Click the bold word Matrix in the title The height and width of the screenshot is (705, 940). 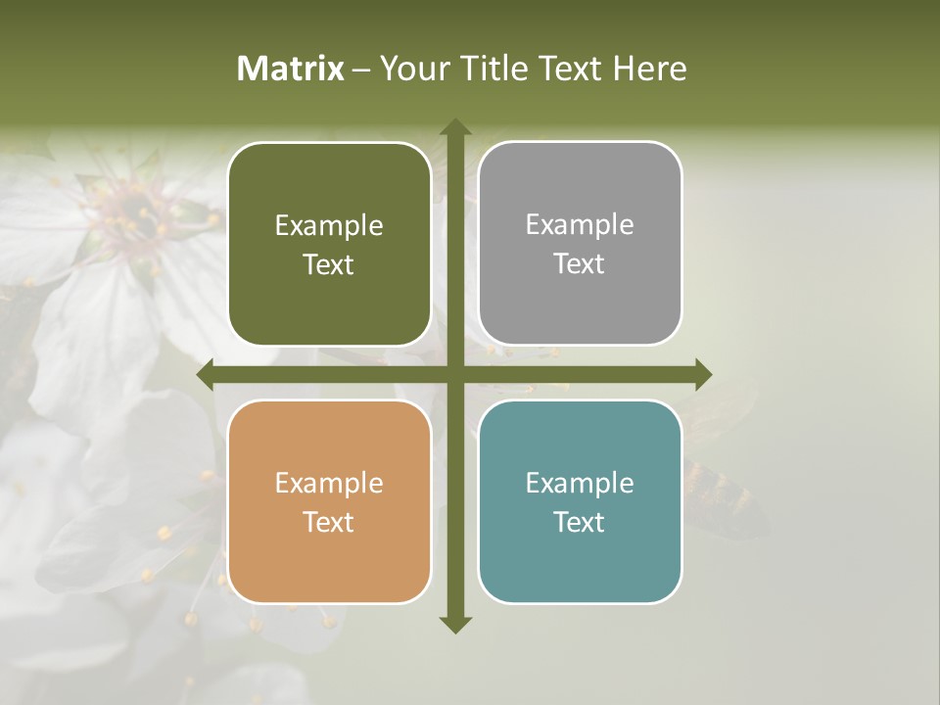[291, 69]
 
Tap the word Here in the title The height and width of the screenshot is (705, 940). [649, 69]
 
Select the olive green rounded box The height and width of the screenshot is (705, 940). [329, 245]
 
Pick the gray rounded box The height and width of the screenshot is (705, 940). [580, 244]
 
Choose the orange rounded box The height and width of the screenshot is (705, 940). [329, 502]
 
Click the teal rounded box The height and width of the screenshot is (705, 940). [580, 501]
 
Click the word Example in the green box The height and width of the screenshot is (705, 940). [329, 226]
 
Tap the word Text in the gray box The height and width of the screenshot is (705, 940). [580, 264]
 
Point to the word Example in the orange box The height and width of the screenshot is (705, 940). [329, 484]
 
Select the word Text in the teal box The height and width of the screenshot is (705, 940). [580, 522]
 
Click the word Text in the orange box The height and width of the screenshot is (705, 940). [329, 523]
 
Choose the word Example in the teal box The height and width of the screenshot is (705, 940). [580, 483]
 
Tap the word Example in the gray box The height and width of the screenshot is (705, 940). [580, 225]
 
